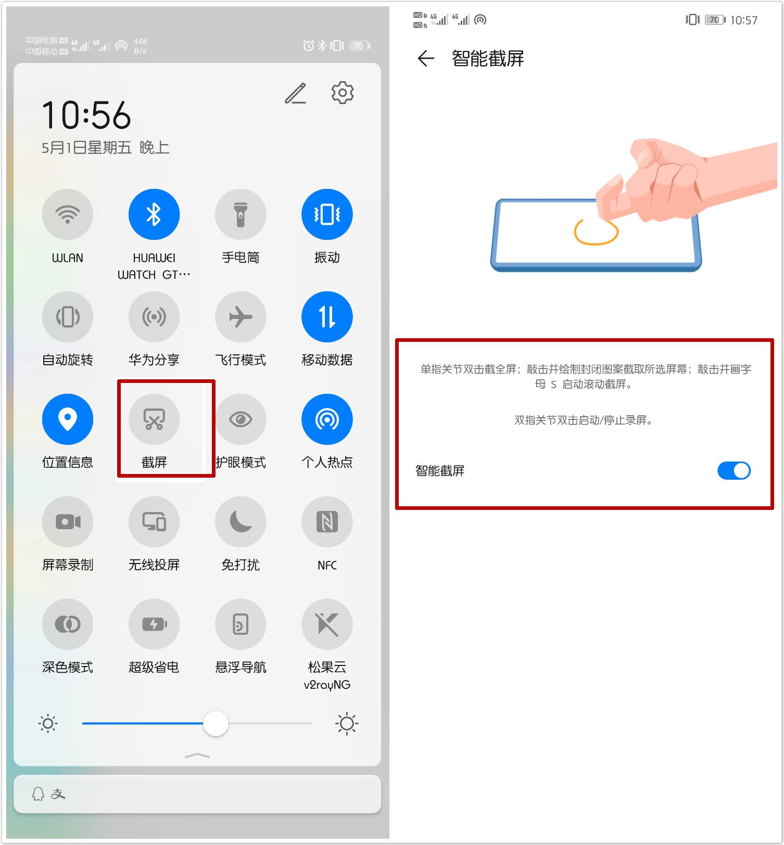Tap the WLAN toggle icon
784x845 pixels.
(x=68, y=214)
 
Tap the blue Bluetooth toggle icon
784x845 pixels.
(x=154, y=214)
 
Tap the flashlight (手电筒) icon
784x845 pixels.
(x=241, y=214)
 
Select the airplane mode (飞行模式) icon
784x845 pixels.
(x=241, y=317)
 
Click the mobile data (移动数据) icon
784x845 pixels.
(x=327, y=317)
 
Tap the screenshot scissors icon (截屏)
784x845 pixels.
(x=154, y=419)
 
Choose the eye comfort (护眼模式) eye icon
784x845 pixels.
(x=241, y=419)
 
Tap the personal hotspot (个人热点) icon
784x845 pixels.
(x=327, y=419)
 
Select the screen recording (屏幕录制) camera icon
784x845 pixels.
(x=68, y=521)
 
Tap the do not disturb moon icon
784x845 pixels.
(x=241, y=521)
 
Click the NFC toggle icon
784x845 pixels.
(x=327, y=521)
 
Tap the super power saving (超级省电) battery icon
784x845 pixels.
(x=154, y=624)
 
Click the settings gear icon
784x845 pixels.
(x=343, y=93)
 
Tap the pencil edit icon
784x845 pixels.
(x=296, y=93)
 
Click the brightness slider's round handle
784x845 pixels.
(x=216, y=723)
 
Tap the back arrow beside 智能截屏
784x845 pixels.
(x=426, y=58)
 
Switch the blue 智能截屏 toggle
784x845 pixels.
(x=734, y=470)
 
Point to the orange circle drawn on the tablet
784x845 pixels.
(x=596, y=232)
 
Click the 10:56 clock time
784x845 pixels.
(x=86, y=115)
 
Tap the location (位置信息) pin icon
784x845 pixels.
(x=68, y=419)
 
